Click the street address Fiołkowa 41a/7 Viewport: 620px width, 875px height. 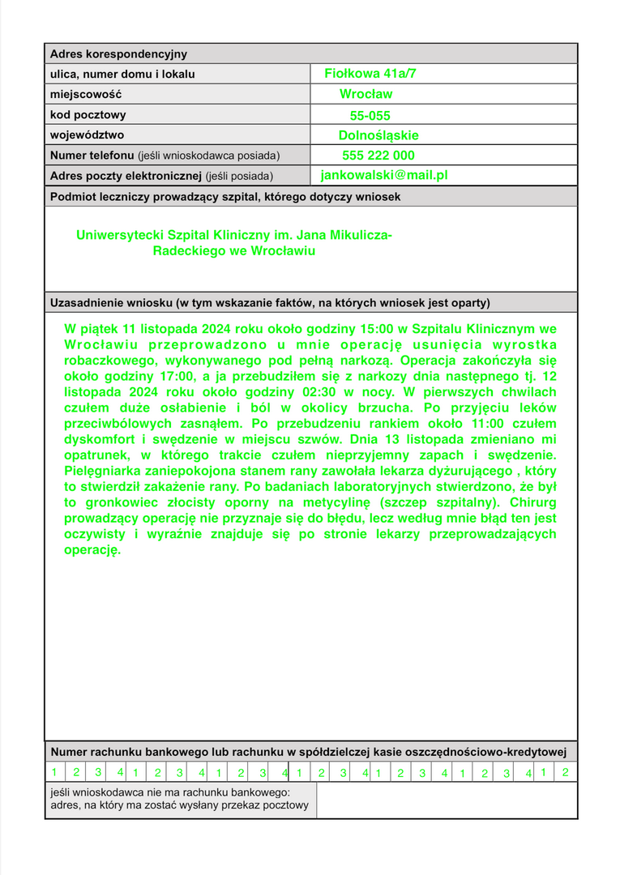(x=370, y=74)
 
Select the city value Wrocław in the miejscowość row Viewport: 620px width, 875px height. (x=366, y=94)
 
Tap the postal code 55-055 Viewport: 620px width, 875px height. (x=370, y=116)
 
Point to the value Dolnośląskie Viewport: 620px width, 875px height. (x=378, y=135)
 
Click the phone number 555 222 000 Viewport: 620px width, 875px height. (x=378, y=156)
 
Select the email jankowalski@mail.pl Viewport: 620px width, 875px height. (x=384, y=174)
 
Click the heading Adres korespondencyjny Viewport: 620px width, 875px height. (x=118, y=54)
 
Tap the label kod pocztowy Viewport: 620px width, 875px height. (x=88, y=115)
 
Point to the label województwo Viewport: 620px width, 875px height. (x=88, y=135)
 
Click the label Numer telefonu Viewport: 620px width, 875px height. (x=92, y=156)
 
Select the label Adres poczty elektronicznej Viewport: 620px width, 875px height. (x=126, y=176)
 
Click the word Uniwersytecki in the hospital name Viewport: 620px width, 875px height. (x=116, y=235)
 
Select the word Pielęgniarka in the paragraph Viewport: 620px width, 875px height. (x=102, y=471)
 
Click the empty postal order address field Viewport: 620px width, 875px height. (x=447, y=800)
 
